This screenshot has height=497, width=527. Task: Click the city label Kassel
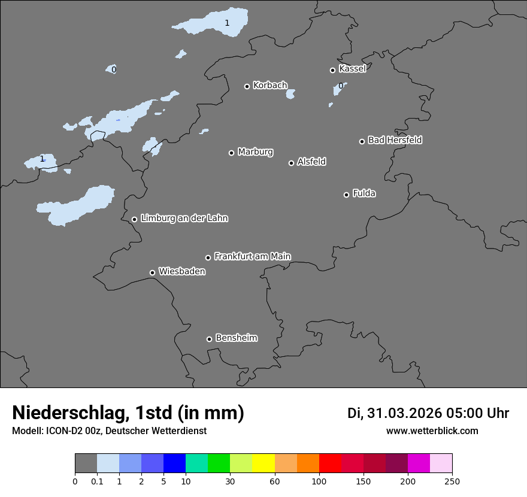(352, 69)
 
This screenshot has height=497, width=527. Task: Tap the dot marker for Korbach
(247, 86)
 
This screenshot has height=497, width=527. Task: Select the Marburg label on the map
(255, 152)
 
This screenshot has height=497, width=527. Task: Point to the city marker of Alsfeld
(291, 163)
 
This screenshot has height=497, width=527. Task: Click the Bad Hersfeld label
(395, 140)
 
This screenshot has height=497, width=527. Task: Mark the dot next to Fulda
(346, 195)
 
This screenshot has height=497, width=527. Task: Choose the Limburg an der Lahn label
(184, 219)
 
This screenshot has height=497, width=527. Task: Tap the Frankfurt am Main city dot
(208, 257)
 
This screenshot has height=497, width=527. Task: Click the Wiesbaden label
(181, 272)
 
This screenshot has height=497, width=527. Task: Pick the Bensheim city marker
(209, 339)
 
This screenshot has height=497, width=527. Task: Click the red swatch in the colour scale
(330, 463)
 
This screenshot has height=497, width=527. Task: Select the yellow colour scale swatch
(263, 463)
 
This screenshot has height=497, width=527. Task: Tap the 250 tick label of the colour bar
(452, 481)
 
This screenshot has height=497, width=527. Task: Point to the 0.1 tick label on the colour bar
(97, 481)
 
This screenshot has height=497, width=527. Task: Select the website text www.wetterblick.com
(432, 431)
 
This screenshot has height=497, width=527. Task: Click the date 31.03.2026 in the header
(404, 413)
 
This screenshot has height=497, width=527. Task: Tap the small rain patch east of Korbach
(290, 94)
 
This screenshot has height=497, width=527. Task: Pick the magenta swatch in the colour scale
(419, 463)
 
